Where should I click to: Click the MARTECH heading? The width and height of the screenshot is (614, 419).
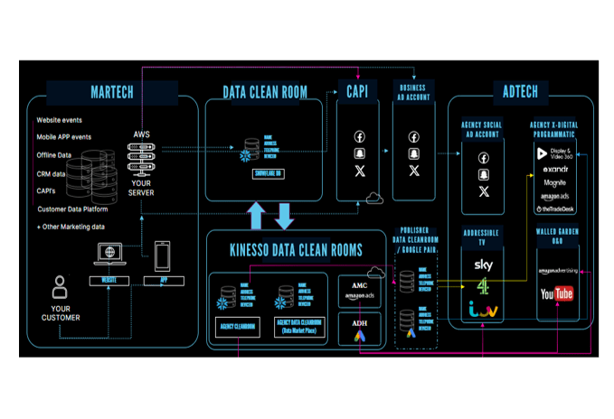[112, 92]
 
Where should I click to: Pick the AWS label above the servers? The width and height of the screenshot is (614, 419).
[141, 134]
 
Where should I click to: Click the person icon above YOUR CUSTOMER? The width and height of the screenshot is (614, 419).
[61, 288]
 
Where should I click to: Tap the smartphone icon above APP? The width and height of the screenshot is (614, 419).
[164, 256]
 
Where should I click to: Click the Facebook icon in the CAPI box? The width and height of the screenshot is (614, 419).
[359, 137]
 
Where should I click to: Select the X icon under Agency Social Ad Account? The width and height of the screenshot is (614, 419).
[483, 191]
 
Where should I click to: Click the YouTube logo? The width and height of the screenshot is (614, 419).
[556, 293]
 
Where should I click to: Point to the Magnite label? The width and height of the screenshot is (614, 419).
[555, 182]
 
